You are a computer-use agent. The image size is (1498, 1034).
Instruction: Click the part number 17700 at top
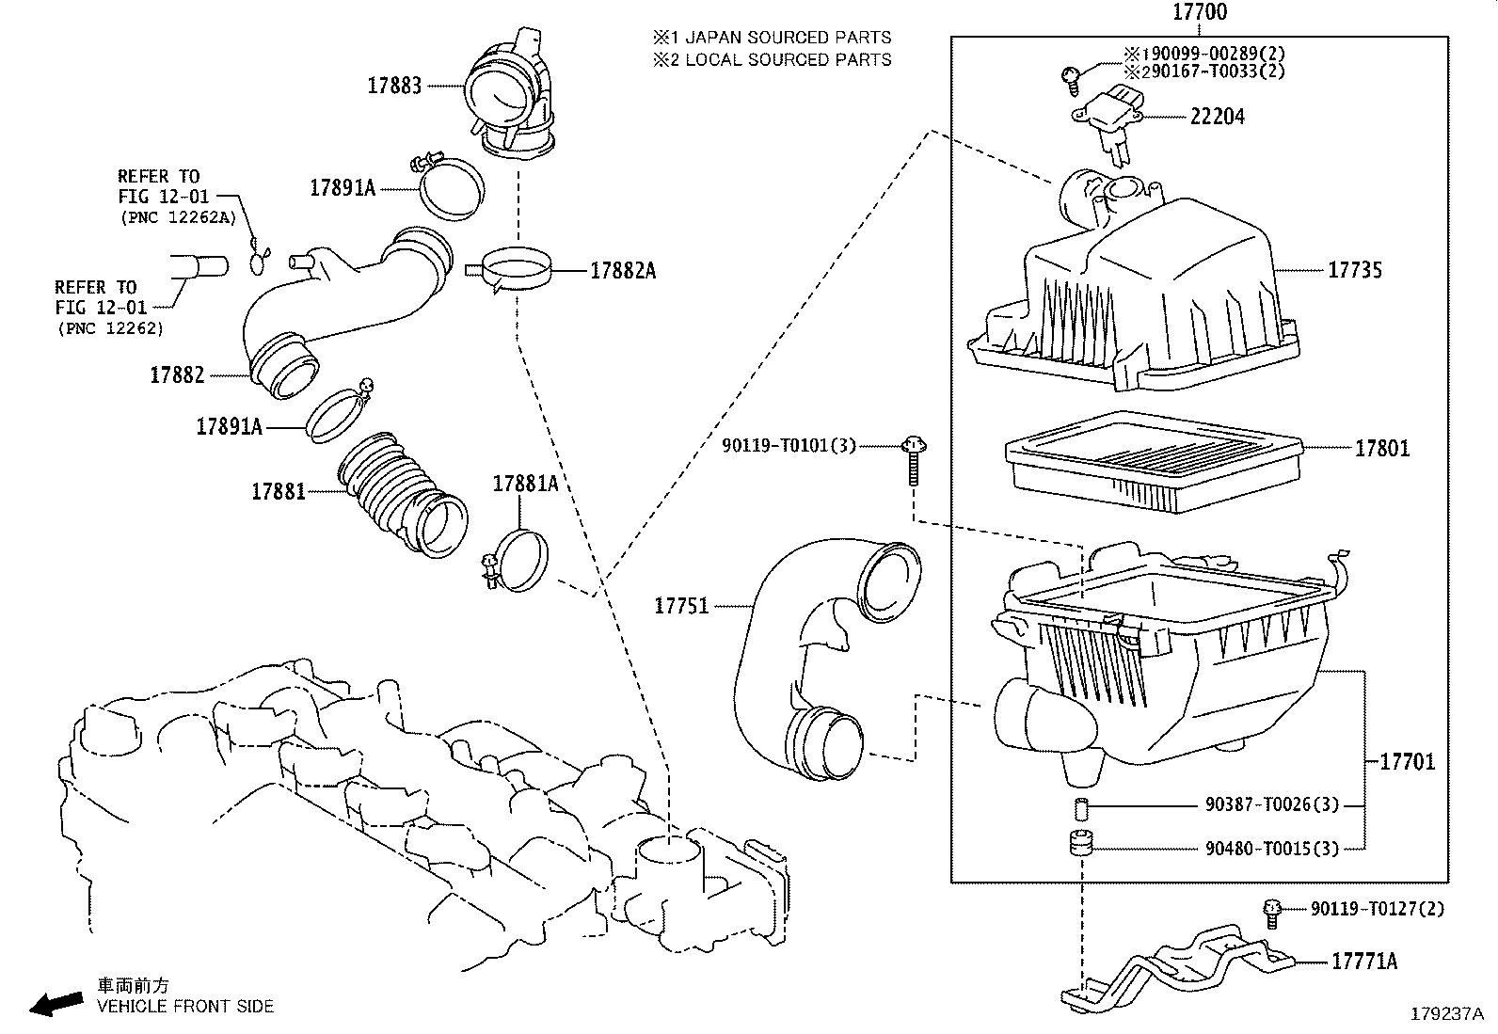click(x=1200, y=13)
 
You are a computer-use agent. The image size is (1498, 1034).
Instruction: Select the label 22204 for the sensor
click(x=1218, y=117)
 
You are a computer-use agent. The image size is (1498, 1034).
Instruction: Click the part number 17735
click(x=1355, y=270)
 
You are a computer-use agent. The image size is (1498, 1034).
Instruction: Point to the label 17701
click(x=1408, y=761)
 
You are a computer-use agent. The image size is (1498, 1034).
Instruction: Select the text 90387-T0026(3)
click(x=1271, y=805)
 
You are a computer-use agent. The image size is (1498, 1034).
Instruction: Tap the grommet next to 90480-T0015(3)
click(x=1081, y=844)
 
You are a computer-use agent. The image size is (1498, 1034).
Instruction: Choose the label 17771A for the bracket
click(x=1363, y=961)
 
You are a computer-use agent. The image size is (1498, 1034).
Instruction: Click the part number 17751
click(x=681, y=606)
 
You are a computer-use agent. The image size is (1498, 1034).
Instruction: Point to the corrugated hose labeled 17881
click(x=400, y=494)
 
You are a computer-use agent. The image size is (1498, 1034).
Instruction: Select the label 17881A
click(x=525, y=484)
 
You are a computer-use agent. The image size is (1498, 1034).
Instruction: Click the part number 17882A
click(x=623, y=271)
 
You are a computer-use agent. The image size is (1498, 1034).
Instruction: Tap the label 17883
click(x=394, y=86)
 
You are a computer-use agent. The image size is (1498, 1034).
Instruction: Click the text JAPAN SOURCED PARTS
click(x=788, y=38)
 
